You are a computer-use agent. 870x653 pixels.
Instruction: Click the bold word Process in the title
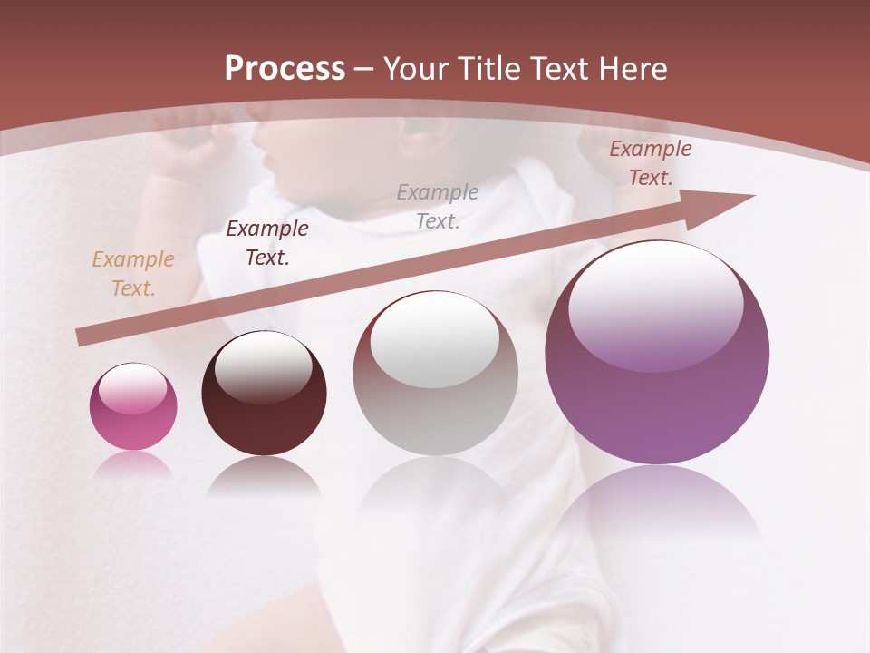click(285, 69)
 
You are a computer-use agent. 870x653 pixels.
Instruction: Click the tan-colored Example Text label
click(133, 274)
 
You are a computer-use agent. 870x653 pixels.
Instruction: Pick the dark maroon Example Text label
click(266, 243)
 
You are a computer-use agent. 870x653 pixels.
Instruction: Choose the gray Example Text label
click(438, 207)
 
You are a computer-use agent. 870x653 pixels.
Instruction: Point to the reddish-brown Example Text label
click(650, 163)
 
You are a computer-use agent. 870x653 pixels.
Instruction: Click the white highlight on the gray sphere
click(435, 337)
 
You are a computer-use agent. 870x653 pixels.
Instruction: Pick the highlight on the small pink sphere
click(133, 388)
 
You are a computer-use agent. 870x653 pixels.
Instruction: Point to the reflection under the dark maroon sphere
click(264, 476)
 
